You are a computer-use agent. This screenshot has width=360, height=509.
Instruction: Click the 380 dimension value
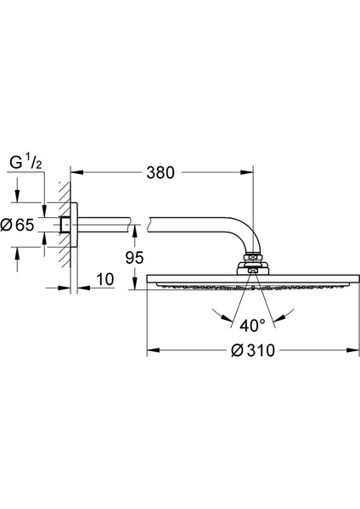(x=160, y=172)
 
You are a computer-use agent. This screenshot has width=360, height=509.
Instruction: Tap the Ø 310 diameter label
(x=252, y=350)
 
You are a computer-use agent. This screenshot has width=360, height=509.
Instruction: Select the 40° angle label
(x=252, y=325)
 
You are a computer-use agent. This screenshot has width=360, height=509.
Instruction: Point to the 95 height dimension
(x=134, y=258)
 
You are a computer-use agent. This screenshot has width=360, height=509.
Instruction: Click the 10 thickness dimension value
(x=105, y=279)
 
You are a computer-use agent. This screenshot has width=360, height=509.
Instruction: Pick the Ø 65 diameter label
(x=17, y=225)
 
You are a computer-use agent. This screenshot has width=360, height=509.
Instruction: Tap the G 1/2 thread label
(x=25, y=163)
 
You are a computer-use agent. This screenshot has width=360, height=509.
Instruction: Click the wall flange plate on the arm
(x=75, y=225)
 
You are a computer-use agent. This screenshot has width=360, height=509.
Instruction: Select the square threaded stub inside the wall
(x=65, y=225)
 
